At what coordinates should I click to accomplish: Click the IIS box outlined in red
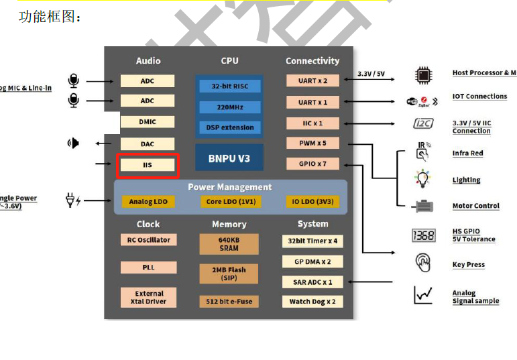click(148, 166)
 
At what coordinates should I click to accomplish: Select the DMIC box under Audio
click(148, 122)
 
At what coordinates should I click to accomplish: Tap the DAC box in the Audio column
click(148, 143)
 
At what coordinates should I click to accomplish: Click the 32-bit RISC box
click(229, 86)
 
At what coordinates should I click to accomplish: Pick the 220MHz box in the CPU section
click(229, 107)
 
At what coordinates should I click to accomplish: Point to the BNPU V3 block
click(229, 158)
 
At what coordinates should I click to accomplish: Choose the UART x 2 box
click(312, 80)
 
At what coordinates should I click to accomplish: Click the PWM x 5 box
click(312, 143)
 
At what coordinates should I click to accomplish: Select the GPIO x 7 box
click(312, 164)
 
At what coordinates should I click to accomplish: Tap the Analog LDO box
click(148, 201)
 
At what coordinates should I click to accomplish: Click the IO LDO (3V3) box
click(312, 201)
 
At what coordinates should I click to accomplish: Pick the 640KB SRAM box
click(229, 244)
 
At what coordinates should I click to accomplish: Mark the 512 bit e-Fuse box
click(229, 301)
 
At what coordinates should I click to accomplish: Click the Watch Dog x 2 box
click(312, 301)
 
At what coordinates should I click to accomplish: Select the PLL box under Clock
click(148, 267)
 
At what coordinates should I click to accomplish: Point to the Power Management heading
click(230, 187)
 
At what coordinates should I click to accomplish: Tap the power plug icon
click(72, 200)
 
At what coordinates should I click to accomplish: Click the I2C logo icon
click(423, 124)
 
